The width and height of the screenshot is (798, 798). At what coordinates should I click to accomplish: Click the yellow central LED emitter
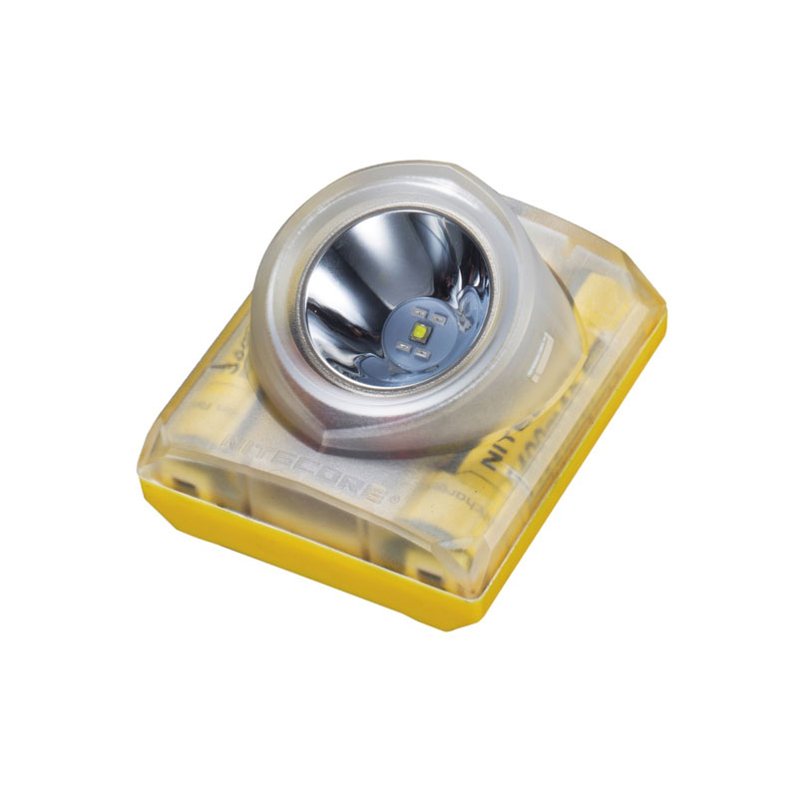click(x=418, y=331)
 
